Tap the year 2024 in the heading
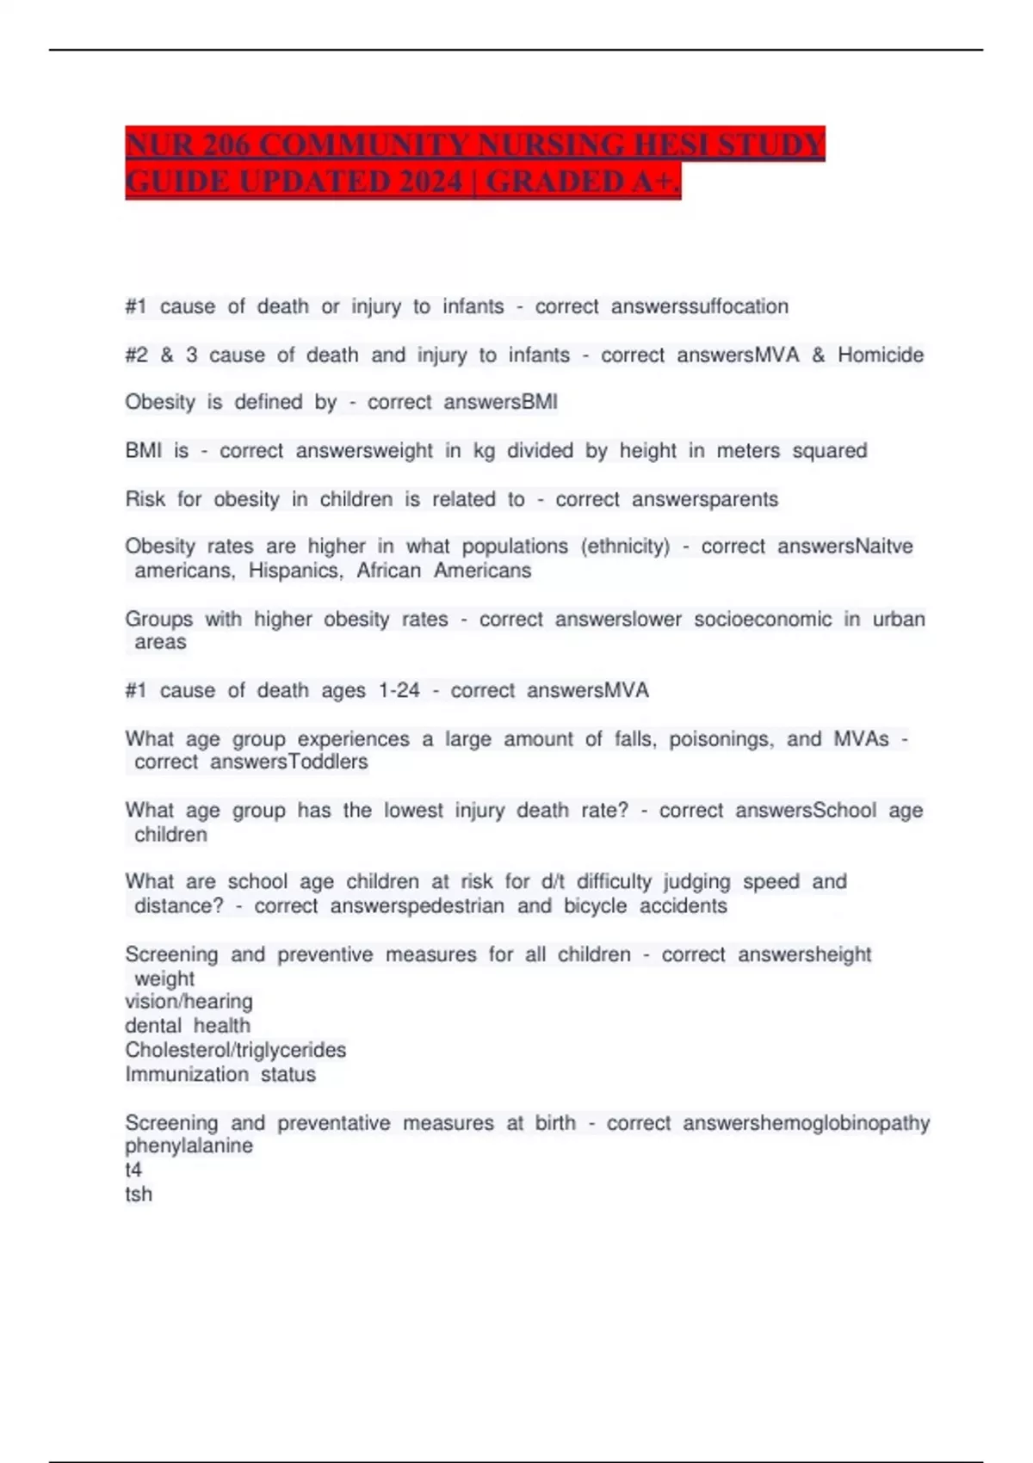[x=419, y=182]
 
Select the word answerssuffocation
[x=699, y=306]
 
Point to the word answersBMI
[x=500, y=402]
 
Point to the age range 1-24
[x=399, y=690]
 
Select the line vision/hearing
[x=189, y=1001]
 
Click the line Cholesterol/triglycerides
[x=235, y=1050]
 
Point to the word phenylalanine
[x=189, y=1145]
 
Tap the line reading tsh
[x=139, y=1194]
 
